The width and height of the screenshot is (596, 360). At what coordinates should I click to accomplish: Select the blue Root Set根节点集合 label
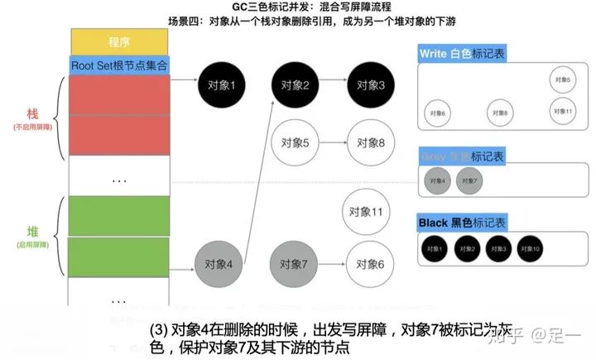coord(121,64)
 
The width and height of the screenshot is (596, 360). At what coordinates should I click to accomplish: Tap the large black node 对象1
coord(222,84)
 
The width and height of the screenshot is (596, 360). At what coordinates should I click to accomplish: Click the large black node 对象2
coord(295,84)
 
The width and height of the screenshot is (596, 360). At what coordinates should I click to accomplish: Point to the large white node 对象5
coord(295,143)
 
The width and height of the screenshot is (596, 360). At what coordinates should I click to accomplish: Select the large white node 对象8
coord(370,143)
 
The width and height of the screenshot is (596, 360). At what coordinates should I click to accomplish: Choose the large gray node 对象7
coord(294,264)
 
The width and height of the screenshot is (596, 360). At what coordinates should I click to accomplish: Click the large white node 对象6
coord(369,264)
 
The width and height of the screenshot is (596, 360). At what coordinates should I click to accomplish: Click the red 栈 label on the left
coord(33,115)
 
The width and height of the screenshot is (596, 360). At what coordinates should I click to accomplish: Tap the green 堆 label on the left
coord(33,231)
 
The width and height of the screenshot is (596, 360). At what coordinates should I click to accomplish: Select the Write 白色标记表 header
coord(463,53)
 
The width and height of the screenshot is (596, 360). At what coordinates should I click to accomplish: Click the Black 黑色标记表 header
coord(463,223)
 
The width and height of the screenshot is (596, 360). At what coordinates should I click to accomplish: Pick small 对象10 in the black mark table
coord(531,247)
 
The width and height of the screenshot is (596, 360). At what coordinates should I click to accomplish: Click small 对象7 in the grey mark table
coord(469,180)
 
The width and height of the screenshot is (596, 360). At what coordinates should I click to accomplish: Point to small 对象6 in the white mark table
coord(438,113)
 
